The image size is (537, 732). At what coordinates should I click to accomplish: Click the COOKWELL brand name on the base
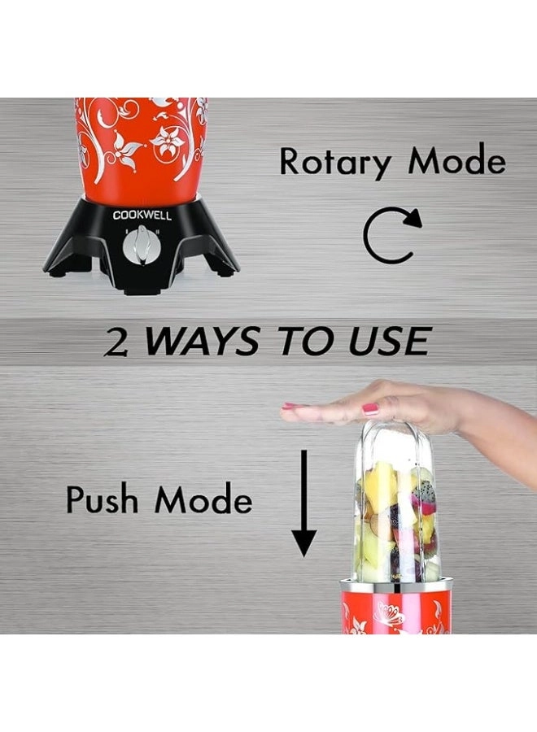click(x=142, y=216)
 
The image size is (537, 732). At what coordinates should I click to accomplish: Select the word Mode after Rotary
click(x=457, y=161)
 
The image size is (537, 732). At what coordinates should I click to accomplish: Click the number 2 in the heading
click(x=116, y=342)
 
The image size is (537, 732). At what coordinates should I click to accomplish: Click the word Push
click(x=103, y=499)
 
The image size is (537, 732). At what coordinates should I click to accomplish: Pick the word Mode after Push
click(x=203, y=499)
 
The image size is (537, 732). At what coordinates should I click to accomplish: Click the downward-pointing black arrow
click(x=304, y=503)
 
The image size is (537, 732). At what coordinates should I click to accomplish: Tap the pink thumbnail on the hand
click(x=370, y=409)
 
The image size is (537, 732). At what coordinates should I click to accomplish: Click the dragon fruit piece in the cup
click(x=424, y=494)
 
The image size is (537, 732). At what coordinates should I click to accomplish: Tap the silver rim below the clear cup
click(x=395, y=585)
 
